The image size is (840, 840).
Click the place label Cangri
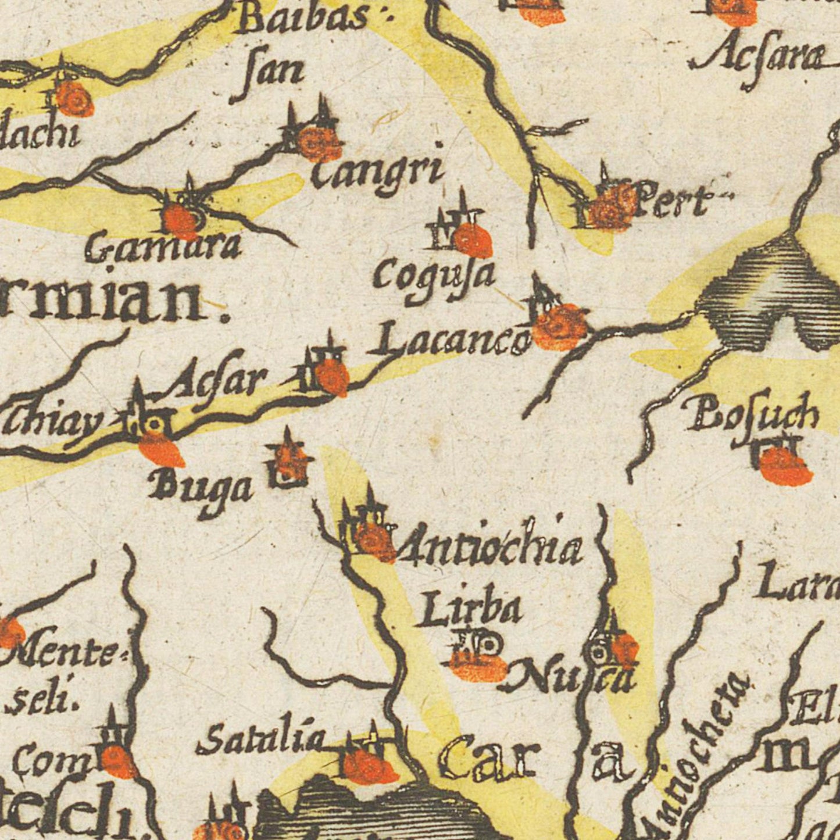(377, 173)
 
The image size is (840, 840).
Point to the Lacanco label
(449, 342)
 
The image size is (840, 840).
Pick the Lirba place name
(468, 610)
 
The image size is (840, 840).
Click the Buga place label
(201, 489)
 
